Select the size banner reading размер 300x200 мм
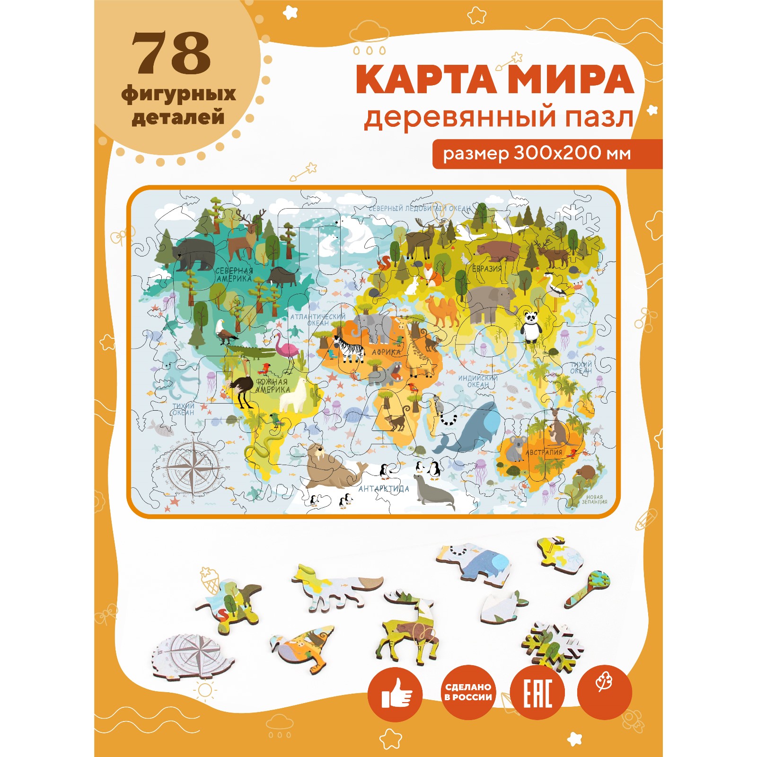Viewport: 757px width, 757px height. tap(537, 153)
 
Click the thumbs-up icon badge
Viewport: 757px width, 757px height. tap(395, 694)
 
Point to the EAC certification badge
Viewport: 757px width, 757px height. tap(537, 694)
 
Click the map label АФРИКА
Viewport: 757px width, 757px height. tap(386, 352)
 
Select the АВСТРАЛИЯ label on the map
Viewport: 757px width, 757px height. tap(544, 452)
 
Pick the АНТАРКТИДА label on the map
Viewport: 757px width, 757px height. tap(384, 489)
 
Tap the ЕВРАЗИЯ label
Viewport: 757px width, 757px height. tap(487, 269)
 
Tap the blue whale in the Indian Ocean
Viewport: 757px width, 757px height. tap(473, 428)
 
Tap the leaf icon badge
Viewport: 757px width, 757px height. tap(604, 693)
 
